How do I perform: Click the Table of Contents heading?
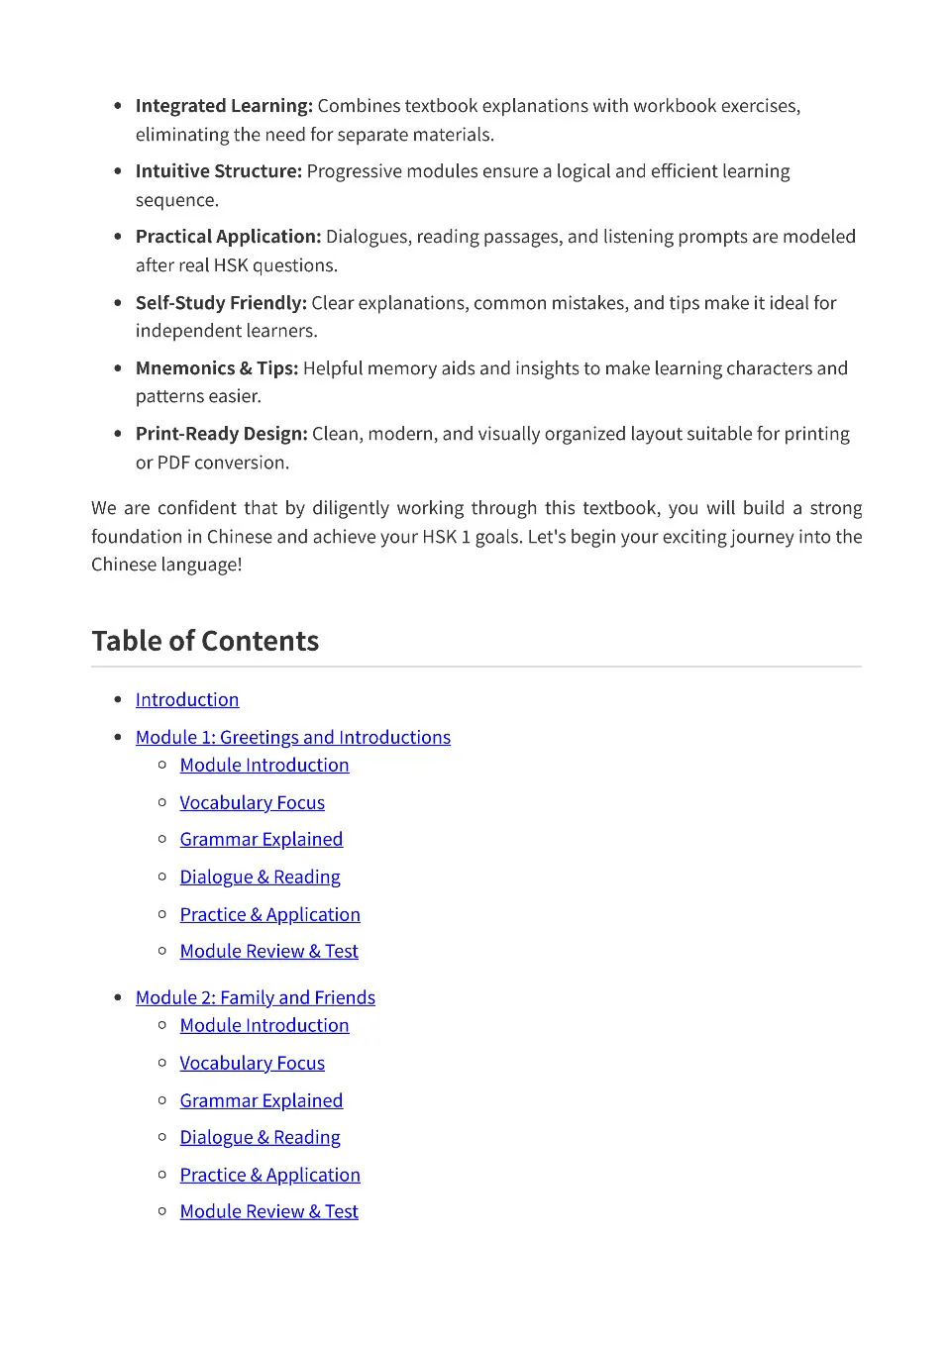205,641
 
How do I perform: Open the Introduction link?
187,699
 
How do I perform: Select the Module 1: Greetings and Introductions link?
293,737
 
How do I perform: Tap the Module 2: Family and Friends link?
256,997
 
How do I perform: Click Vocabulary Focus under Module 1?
252,802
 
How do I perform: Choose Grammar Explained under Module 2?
262,1100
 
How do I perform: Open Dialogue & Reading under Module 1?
260,877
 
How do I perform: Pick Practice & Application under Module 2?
269,1175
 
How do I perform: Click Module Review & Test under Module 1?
268,951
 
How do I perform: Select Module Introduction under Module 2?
264,1025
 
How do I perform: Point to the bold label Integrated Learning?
224,106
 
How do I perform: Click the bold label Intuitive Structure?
218,171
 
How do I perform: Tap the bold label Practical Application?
228,237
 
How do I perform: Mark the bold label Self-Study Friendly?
221,303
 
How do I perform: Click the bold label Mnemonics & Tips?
217,368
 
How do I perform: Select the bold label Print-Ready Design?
221,434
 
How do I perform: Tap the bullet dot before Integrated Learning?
119,106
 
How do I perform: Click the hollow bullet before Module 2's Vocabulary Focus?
162,1063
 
